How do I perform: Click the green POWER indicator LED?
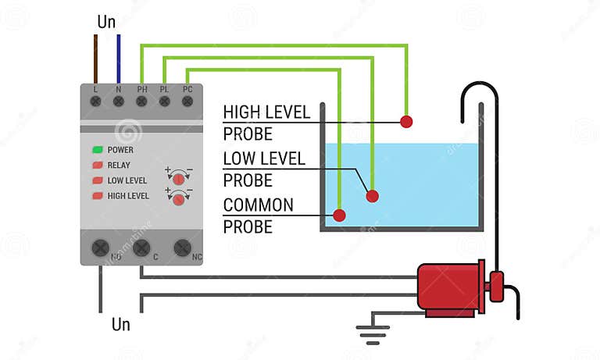pyautogui.click(x=98, y=149)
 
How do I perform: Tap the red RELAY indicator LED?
pyautogui.click(x=98, y=165)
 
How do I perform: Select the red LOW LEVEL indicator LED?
pyautogui.click(x=98, y=180)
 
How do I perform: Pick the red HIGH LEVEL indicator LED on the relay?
pyautogui.click(x=98, y=196)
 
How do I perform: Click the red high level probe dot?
pyautogui.click(x=405, y=121)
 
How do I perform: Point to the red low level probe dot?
pyautogui.click(x=373, y=195)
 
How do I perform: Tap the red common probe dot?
pyautogui.click(x=339, y=215)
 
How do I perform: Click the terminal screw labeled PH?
pyautogui.click(x=141, y=101)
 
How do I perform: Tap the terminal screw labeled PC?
pyautogui.click(x=187, y=101)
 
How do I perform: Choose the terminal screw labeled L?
pyautogui.click(x=96, y=101)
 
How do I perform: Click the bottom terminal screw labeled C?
pyautogui.click(x=141, y=248)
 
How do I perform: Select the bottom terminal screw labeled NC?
pyautogui.click(x=183, y=248)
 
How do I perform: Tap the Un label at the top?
pyautogui.click(x=106, y=22)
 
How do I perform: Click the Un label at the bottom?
pyautogui.click(x=121, y=323)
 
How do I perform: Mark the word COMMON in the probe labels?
pyautogui.click(x=258, y=205)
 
